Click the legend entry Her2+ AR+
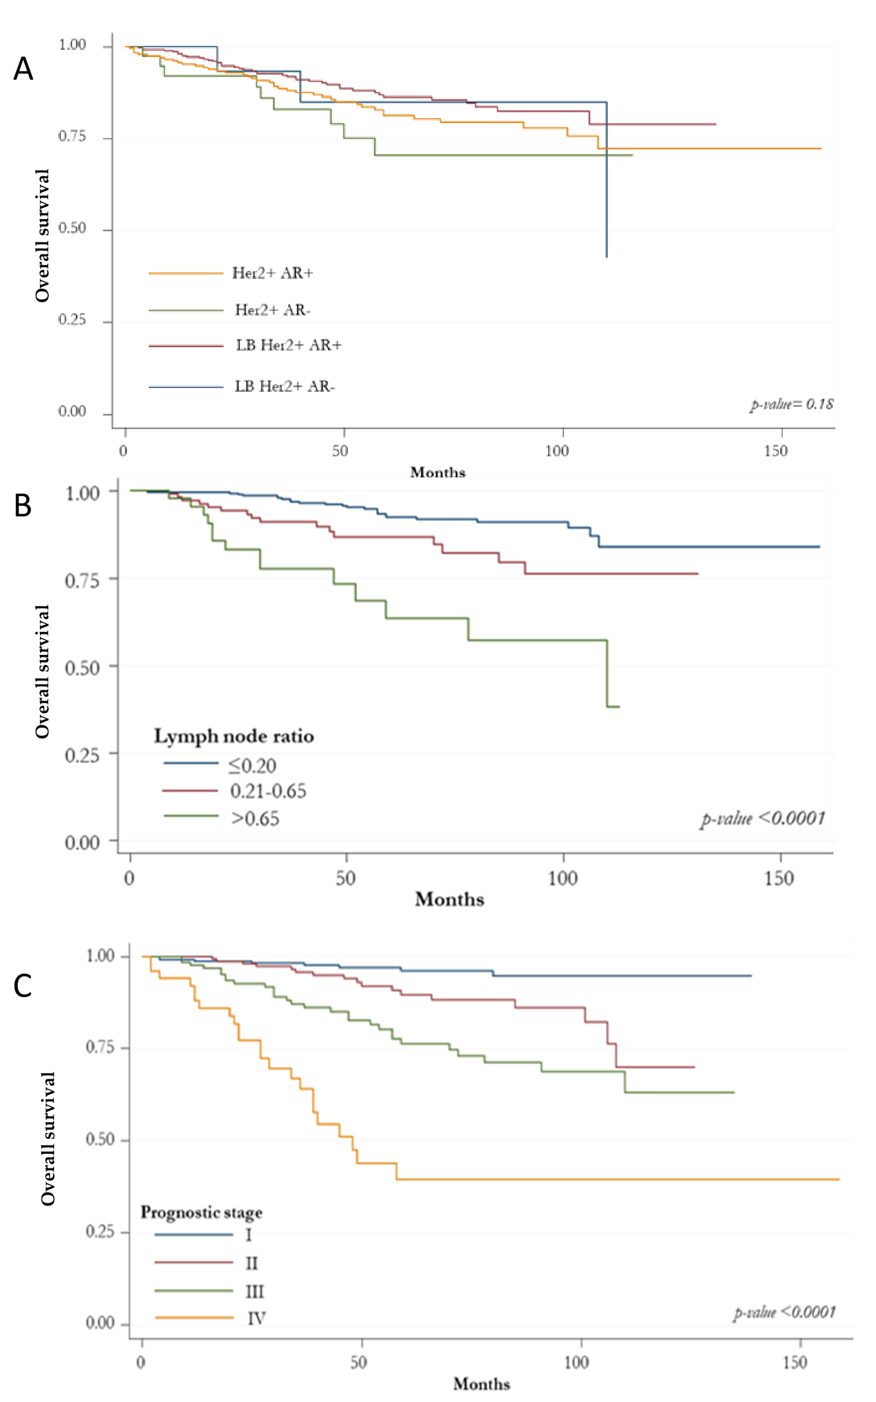pyautogui.click(x=272, y=273)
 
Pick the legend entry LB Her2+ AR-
pyautogui.click(x=285, y=387)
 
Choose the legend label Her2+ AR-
pyautogui.click(x=272, y=310)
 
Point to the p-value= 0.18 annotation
pyautogui.click(x=791, y=404)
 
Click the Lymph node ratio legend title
pyautogui.click(x=233, y=736)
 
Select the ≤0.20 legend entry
pyautogui.click(x=252, y=766)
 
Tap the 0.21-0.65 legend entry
pyautogui.click(x=268, y=791)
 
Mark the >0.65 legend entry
pyautogui.click(x=255, y=818)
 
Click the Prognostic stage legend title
pyautogui.click(x=201, y=1212)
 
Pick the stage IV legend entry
pyautogui.click(x=256, y=1319)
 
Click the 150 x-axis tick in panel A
pyautogui.click(x=775, y=451)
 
